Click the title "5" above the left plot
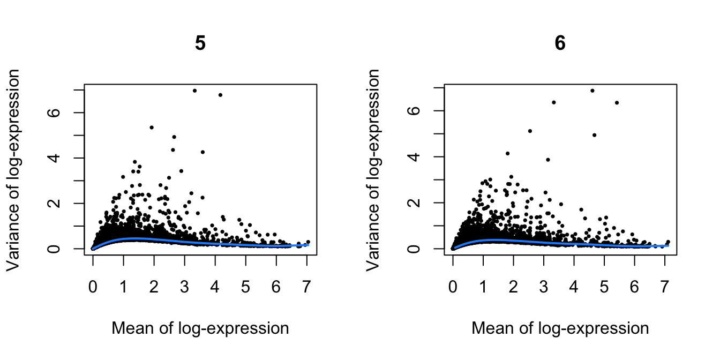(x=200, y=43)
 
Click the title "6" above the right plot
(x=560, y=43)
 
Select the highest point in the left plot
(x=194, y=91)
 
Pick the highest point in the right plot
(x=592, y=91)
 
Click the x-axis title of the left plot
(x=200, y=328)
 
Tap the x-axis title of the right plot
(x=560, y=328)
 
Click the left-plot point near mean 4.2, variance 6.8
(x=220, y=95)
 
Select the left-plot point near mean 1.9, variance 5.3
(x=152, y=127)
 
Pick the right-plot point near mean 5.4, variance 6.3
(x=617, y=102)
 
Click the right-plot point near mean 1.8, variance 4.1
(x=507, y=153)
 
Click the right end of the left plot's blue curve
(x=308, y=245)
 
